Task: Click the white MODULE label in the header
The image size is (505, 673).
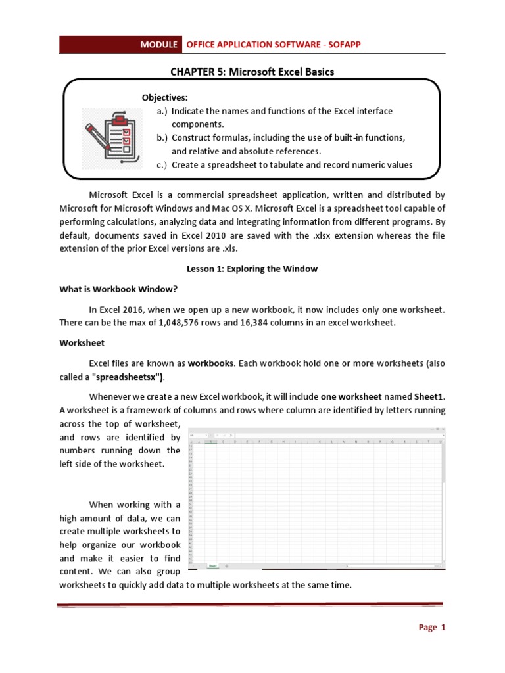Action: pyautogui.click(x=158, y=45)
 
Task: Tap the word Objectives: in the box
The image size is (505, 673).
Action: pyautogui.click(x=164, y=97)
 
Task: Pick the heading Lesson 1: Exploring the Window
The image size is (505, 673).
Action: pyautogui.click(x=252, y=269)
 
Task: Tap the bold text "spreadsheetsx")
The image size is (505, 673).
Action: pyautogui.click(x=131, y=376)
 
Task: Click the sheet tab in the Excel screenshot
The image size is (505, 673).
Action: pyautogui.click(x=213, y=565)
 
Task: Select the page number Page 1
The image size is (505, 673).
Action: pyautogui.click(x=432, y=628)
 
